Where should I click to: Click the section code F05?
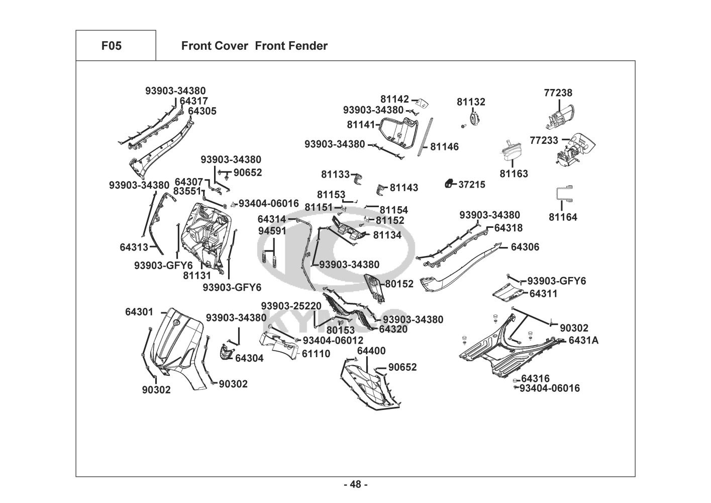click(111, 46)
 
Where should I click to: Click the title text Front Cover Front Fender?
click(254, 46)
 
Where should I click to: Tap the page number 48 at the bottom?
click(355, 484)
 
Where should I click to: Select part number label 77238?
click(558, 93)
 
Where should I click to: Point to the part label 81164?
click(563, 217)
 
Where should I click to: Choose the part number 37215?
click(472, 185)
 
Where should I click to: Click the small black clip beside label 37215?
click(449, 184)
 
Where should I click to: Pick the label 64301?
click(139, 312)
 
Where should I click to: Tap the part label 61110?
click(316, 354)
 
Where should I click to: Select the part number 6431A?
click(583, 341)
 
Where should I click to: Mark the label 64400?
click(371, 351)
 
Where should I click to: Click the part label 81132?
click(471, 102)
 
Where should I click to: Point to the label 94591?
click(272, 231)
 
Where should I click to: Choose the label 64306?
click(525, 247)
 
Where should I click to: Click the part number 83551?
click(187, 191)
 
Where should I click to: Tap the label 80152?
click(399, 284)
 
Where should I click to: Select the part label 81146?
click(444, 147)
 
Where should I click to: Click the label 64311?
click(543, 293)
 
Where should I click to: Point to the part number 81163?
click(514, 174)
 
